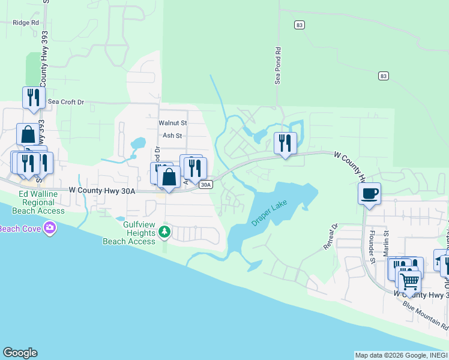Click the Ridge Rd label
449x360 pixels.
25,23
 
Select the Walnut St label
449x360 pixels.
173,122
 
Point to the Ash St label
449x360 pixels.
172,136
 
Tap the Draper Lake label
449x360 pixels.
270,212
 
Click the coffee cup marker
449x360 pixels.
369,194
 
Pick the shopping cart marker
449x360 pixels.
409,280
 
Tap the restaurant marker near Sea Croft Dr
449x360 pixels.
34,97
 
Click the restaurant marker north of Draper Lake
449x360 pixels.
285,143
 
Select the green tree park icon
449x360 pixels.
164,232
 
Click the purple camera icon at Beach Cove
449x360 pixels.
50,228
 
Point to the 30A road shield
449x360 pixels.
206,185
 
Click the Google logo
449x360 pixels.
20,353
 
